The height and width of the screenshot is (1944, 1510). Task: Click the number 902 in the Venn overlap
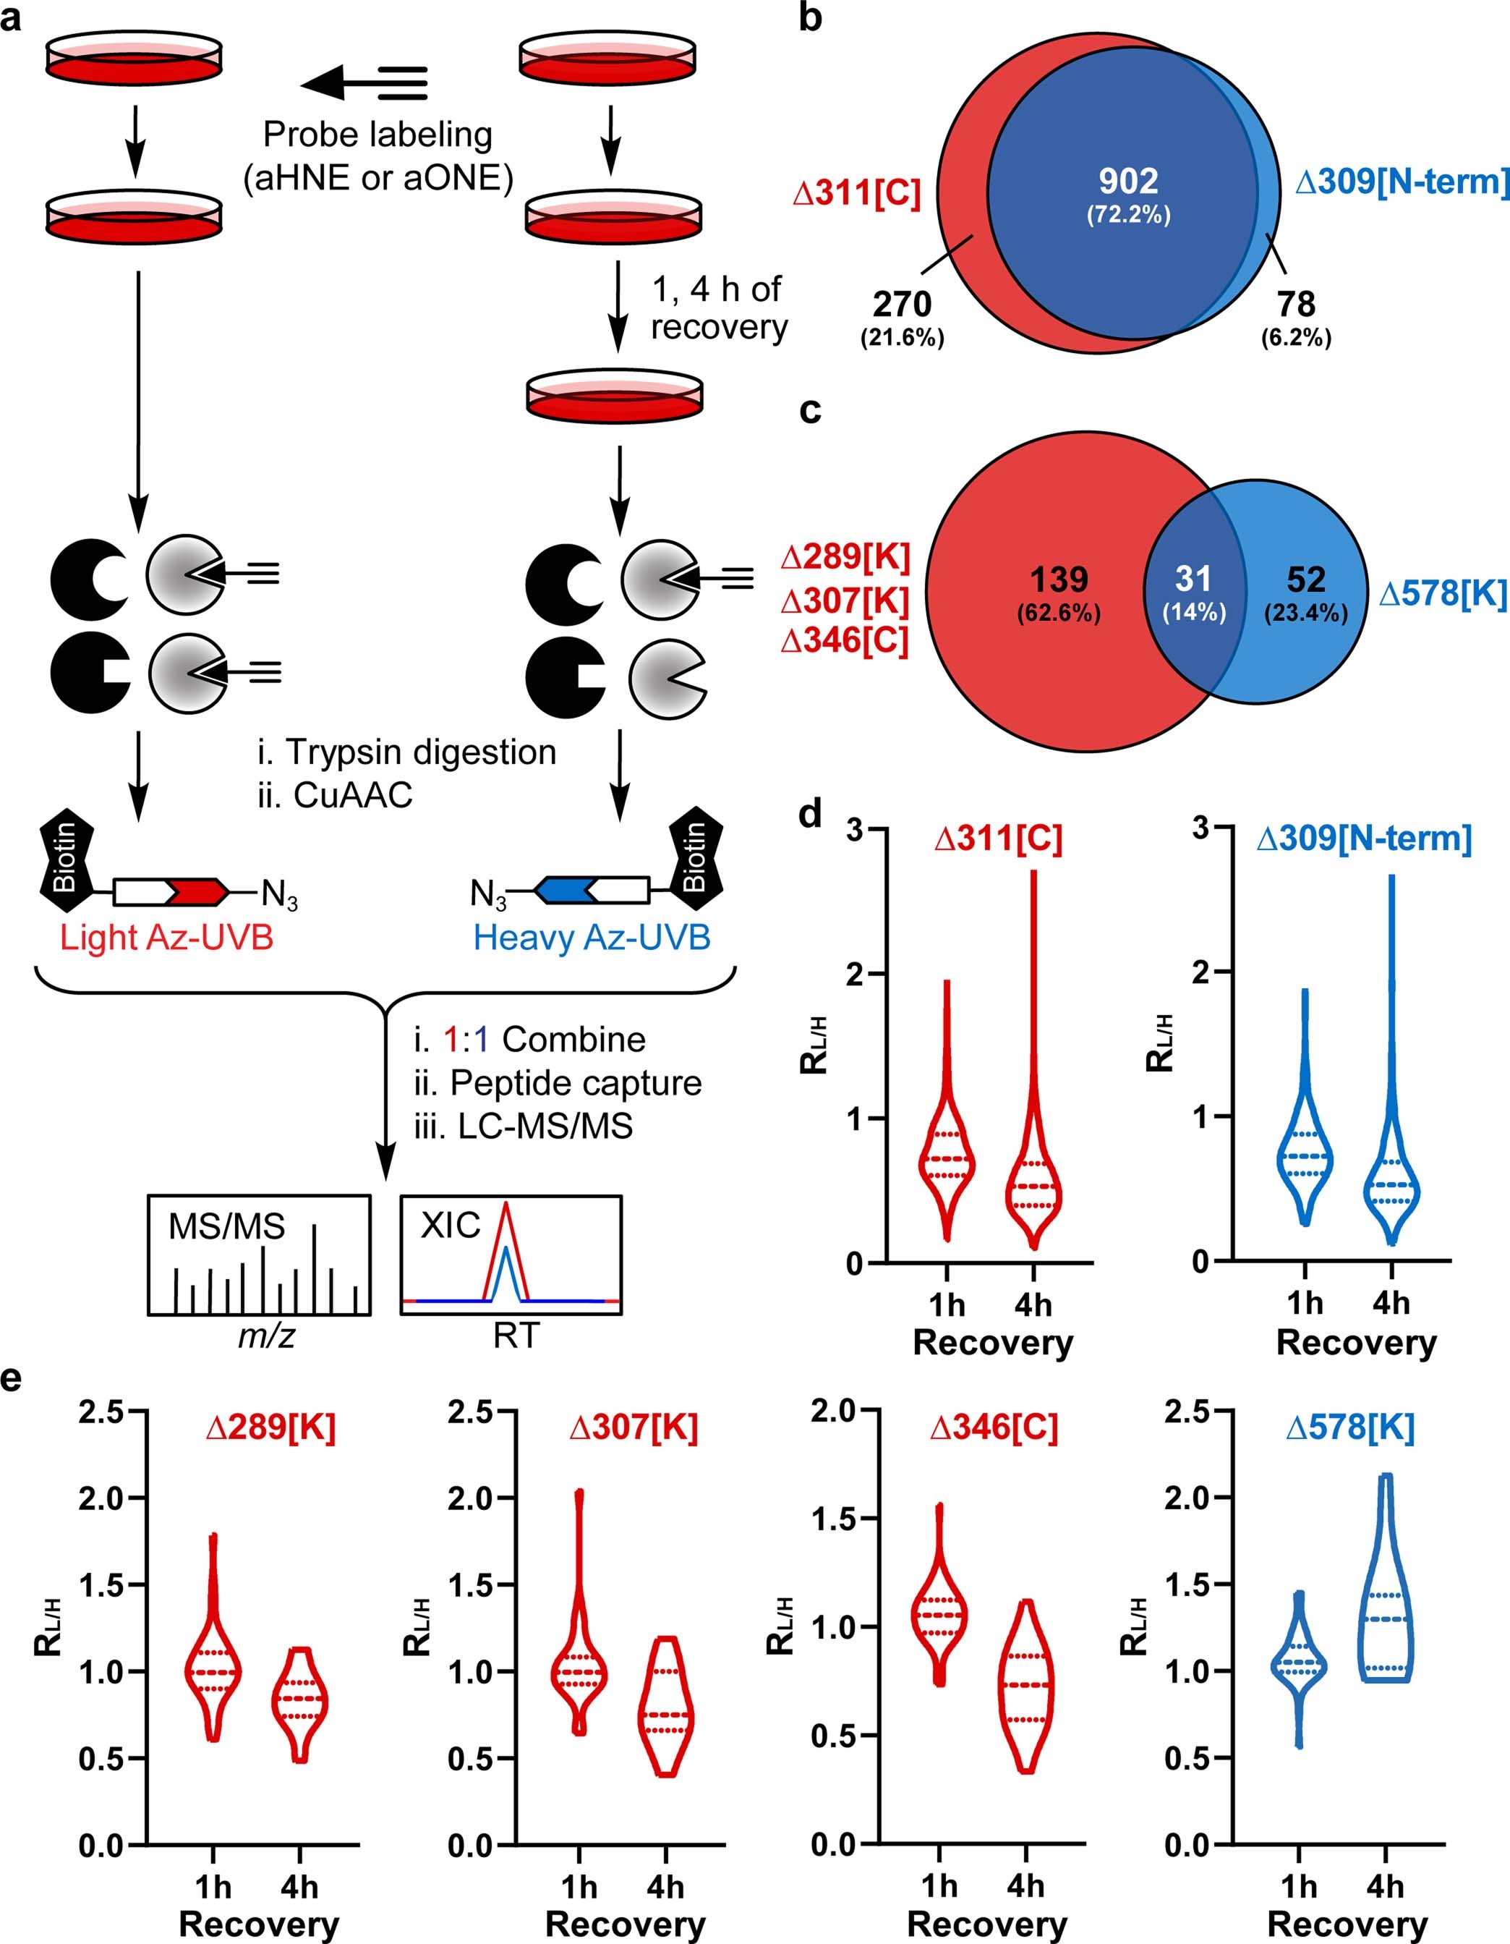1127,182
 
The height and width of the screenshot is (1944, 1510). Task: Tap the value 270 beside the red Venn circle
901,305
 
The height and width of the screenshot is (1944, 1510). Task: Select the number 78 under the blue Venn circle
1295,305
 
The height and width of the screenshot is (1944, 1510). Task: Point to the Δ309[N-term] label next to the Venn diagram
1402,182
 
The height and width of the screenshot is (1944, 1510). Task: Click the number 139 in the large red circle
1059,580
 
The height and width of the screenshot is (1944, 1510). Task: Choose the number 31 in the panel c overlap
1193,580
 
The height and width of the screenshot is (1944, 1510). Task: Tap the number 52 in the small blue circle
1305,580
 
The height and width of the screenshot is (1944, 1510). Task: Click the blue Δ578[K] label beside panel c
1442,595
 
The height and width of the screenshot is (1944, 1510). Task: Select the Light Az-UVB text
166,938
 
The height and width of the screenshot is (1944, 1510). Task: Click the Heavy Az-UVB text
592,938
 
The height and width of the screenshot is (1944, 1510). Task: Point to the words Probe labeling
377,135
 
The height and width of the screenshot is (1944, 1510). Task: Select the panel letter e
12,1380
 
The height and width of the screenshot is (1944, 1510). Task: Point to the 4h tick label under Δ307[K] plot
665,1886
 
